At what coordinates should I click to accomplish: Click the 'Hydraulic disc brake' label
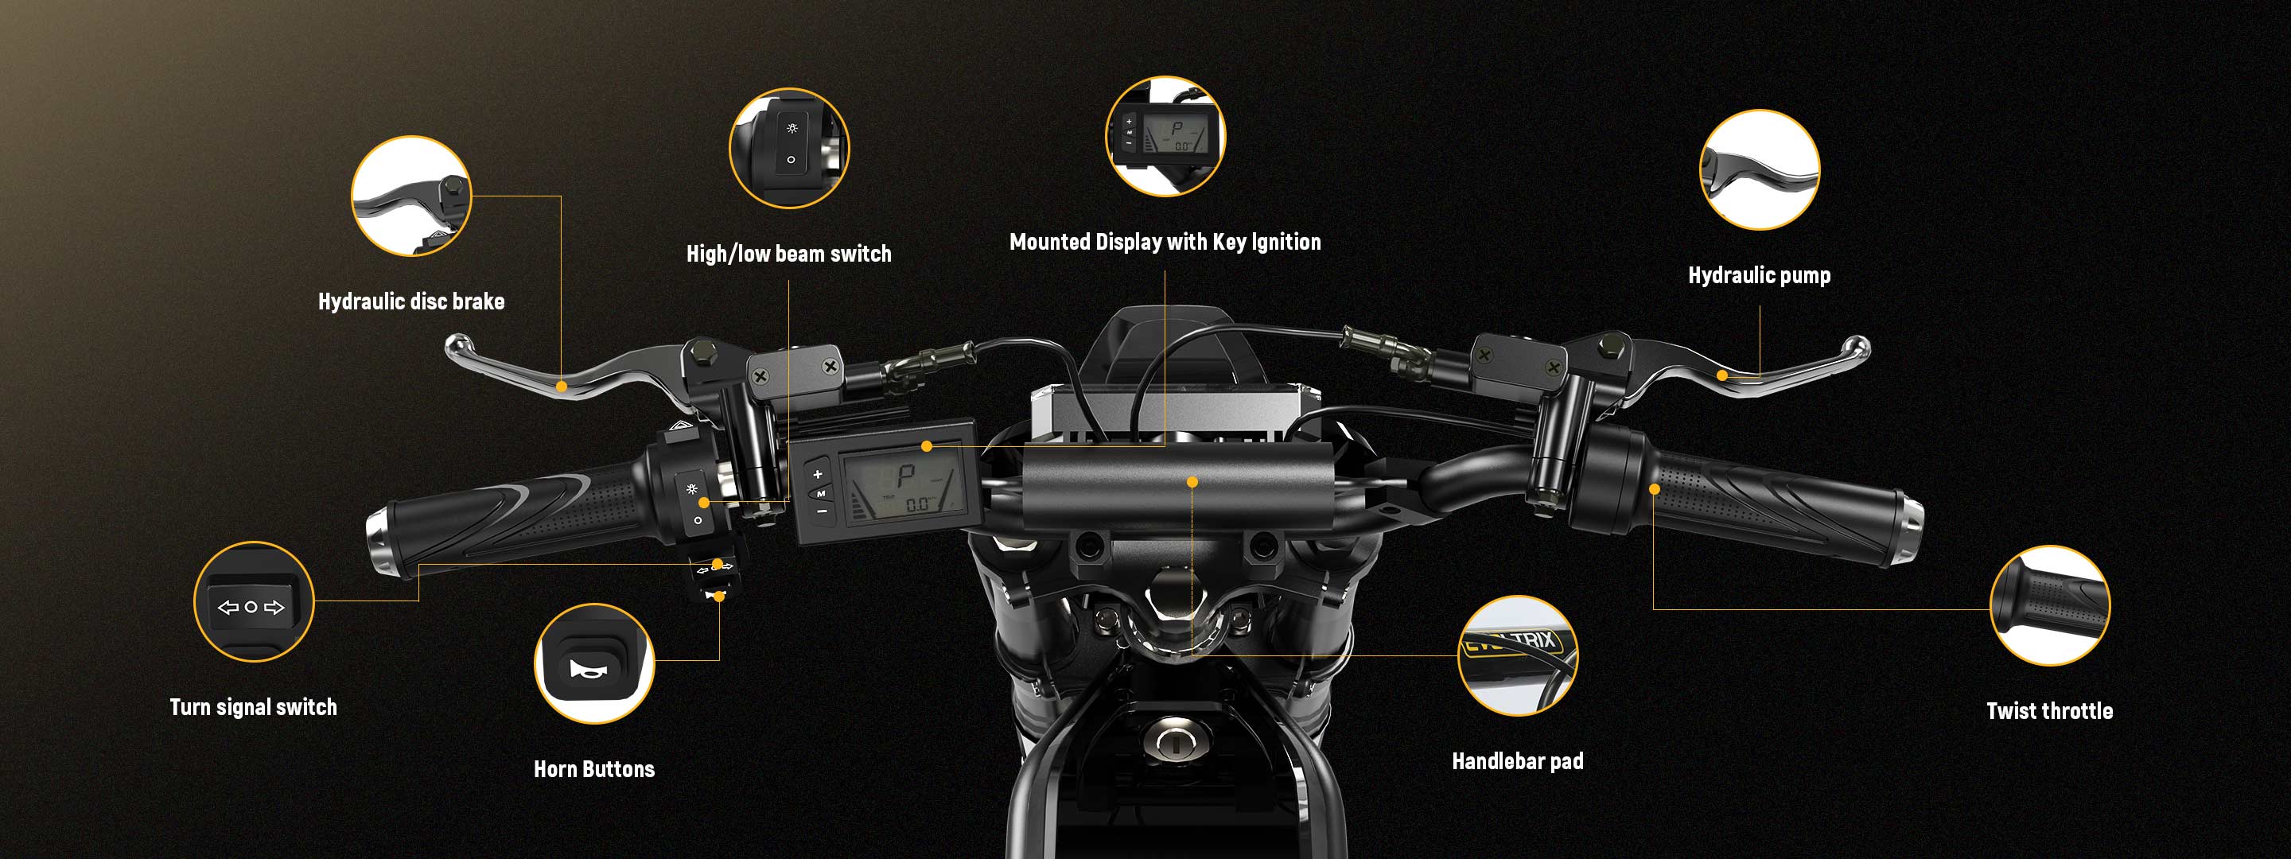[x=411, y=301]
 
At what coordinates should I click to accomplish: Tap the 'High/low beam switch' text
[x=789, y=255]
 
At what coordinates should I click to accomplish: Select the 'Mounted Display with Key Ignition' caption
[x=1165, y=242]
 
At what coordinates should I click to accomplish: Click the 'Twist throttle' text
[x=2049, y=710]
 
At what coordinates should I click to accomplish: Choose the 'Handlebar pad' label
[x=1517, y=761]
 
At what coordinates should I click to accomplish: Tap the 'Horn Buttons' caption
[x=594, y=769]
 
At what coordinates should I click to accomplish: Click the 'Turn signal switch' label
[x=254, y=707]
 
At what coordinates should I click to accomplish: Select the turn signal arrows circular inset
[x=254, y=602]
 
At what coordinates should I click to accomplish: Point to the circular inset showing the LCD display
[x=1165, y=136]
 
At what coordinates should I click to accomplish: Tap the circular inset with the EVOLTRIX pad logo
[x=1518, y=656]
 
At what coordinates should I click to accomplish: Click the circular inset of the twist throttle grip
[x=2049, y=605]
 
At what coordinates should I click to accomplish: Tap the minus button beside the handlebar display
[x=822, y=511]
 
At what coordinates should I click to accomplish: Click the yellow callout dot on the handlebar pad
[x=1192, y=482]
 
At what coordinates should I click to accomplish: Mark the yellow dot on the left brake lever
[x=561, y=386]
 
